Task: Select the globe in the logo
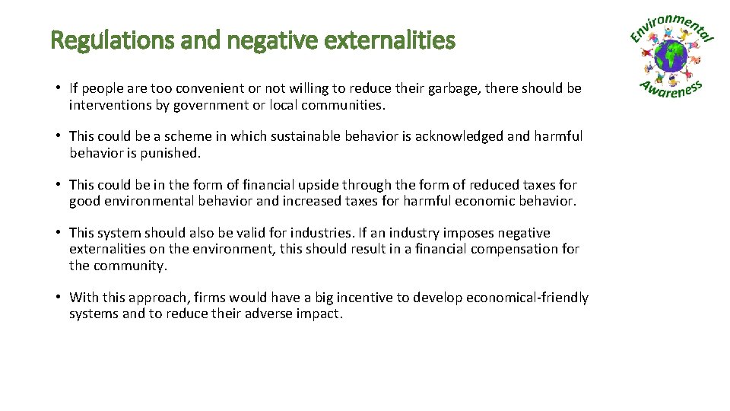click(671, 57)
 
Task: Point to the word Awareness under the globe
click(671, 89)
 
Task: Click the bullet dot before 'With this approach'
click(58, 297)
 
